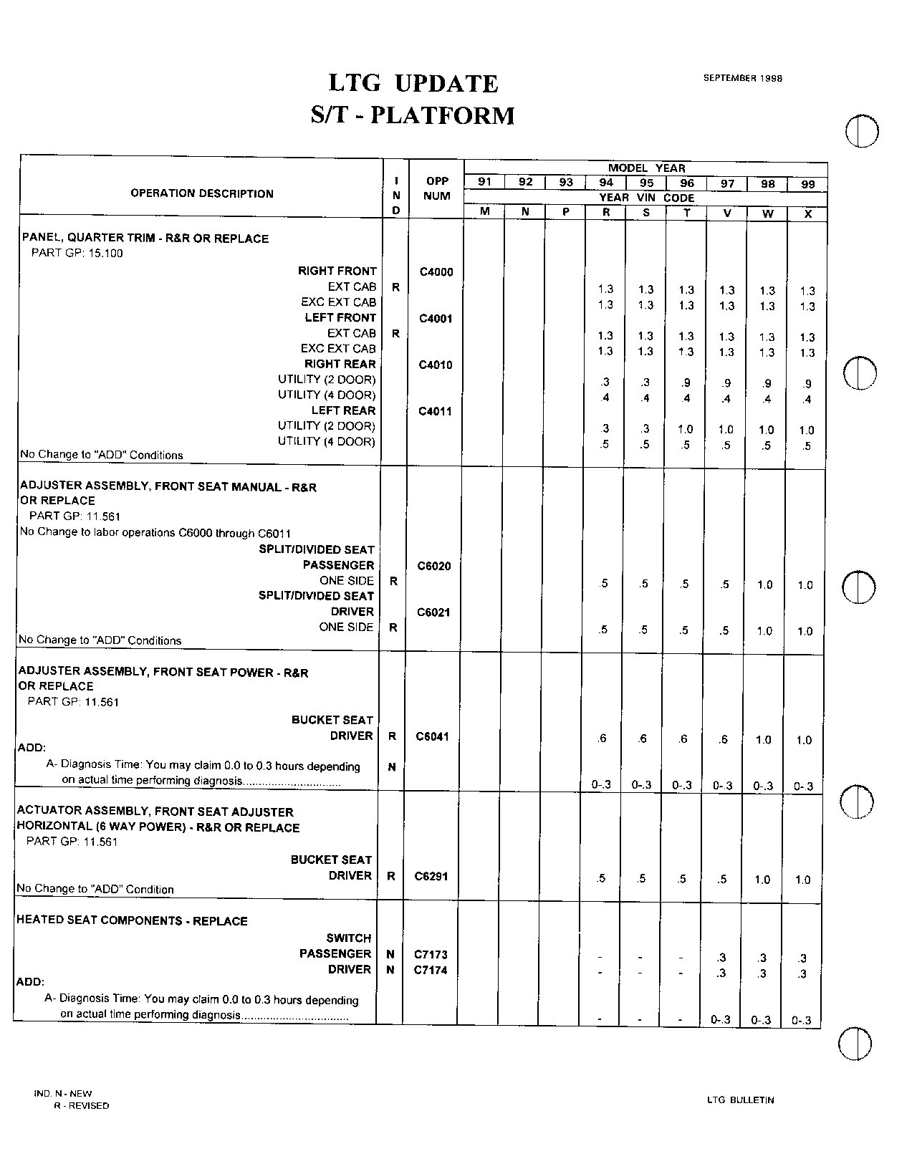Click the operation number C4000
click(436, 272)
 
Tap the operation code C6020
click(434, 566)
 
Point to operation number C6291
click(431, 876)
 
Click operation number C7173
click(431, 954)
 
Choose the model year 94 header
click(606, 183)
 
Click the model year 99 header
click(808, 184)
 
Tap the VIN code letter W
click(767, 213)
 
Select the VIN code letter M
click(485, 212)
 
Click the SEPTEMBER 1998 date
click(742, 78)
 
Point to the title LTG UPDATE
click(413, 84)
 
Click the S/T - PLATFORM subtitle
click(413, 115)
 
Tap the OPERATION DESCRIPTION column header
click(202, 193)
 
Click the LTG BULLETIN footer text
click(740, 1100)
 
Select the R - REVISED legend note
click(82, 1105)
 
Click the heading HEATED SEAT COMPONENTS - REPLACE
click(132, 921)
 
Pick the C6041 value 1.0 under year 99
click(804, 740)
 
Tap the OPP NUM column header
click(437, 188)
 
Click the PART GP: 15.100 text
click(77, 253)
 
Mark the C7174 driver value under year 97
click(722, 973)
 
